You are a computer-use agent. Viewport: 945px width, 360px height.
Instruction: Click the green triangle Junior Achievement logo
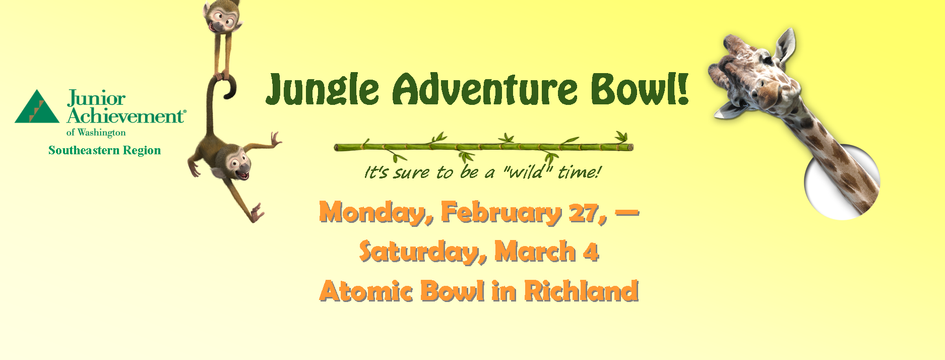point(37,108)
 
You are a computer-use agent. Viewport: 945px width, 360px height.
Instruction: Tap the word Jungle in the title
point(323,89)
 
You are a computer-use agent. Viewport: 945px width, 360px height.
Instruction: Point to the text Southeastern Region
point(104,150)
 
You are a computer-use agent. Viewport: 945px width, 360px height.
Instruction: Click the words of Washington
point(96,133)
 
